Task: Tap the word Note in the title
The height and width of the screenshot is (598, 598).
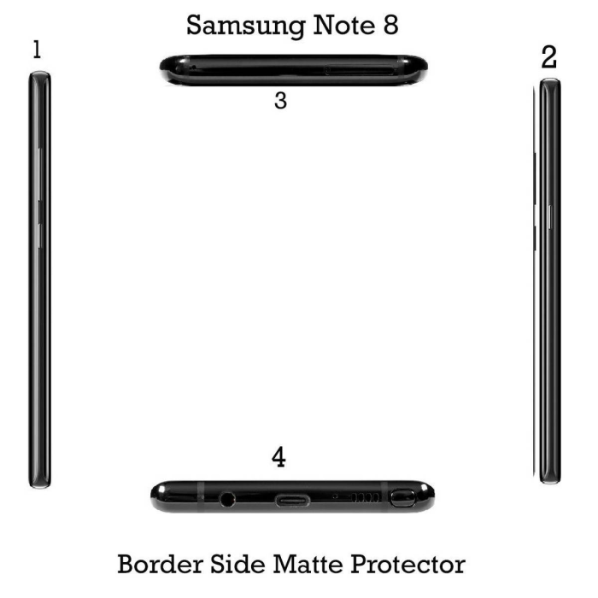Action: pyautogui.click(x=343, y=25)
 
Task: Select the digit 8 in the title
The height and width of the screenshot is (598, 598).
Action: pyautogui.click(x=390, y=25)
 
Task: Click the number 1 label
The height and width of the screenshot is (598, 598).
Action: pyautogui.click(x=37, y=50)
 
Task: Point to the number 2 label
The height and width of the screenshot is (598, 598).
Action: pyautogui.click(x=549, y=57)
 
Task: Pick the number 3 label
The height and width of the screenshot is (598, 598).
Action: pyautogui.click(x=281, y=101)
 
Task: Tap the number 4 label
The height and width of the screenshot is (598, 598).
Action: pyautogui.click(x=278, y=457)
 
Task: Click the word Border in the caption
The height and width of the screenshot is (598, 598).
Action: pyautogui.click(x=161, y=564)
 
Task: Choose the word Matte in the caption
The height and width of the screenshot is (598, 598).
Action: pyautogui.click(x=308, y=564)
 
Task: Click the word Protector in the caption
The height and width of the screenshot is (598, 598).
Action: pyautogui.click(x=407, y=565)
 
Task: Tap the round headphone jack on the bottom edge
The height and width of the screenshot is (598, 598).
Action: pyautogui.click(x=227, y=499)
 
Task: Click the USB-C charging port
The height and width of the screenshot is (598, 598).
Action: pyautogui.click(x=292, y=501)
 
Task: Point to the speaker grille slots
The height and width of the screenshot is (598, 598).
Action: pyautogui.click(x=366, y=497)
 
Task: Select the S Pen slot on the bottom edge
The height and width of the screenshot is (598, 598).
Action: pyautogui.click(x=402, y=498)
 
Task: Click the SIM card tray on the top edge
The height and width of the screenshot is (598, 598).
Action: pyautogui.click(x=360, y=70)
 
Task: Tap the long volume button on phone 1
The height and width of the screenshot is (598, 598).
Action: pyautogui.click(x=39, y=174)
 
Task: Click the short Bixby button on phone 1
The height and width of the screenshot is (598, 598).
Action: pyautogui.click(x=39, y=235)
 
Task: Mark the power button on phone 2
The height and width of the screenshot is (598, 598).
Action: pyautogui.click(x=550, y=217)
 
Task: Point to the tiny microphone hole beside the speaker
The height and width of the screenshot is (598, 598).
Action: pyautogui.click(x=335, y=496)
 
